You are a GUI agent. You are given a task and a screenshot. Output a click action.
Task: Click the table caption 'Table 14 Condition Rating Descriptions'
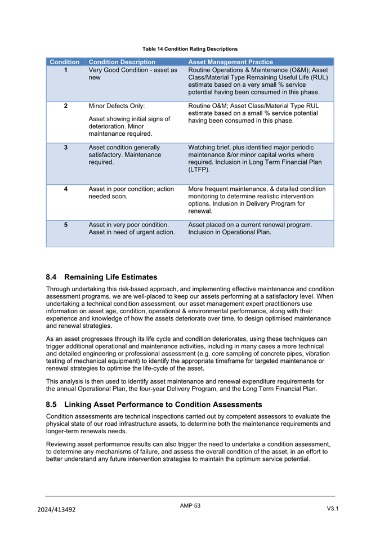coord(190,49)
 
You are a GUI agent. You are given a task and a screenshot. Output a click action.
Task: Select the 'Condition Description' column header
coord(122,62)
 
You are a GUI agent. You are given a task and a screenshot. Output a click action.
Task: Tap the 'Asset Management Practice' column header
coord(230,62)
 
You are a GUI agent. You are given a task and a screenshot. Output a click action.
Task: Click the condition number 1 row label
coord(66,70)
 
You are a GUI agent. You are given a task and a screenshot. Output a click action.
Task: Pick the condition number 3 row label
coord(66,148)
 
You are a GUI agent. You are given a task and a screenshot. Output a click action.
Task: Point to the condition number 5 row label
coord(66,225)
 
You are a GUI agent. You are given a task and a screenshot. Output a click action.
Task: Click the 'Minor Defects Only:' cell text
coord(117,106)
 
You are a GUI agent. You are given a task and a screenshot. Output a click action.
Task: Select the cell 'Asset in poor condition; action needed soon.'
coord(131,193)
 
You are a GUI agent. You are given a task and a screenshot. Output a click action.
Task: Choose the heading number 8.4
coord(52,277)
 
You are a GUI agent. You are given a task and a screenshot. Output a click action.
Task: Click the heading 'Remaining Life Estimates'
coord(111,277)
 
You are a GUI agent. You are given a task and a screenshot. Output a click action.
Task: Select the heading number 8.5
coord(52,404)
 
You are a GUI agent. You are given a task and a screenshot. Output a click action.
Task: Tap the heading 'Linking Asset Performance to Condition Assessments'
coord(163,404)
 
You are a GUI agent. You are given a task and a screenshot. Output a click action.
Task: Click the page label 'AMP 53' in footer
coord(190,506)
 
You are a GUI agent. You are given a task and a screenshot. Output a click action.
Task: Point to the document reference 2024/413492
coord(56,509)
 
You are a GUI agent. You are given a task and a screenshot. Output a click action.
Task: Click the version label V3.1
coord(332,509)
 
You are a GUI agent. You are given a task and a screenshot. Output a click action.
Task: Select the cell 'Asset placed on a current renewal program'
coord(250,225)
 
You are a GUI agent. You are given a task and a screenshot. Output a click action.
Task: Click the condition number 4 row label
coord(66,189)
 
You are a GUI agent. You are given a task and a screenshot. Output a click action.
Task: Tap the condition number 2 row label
coord(66,106)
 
